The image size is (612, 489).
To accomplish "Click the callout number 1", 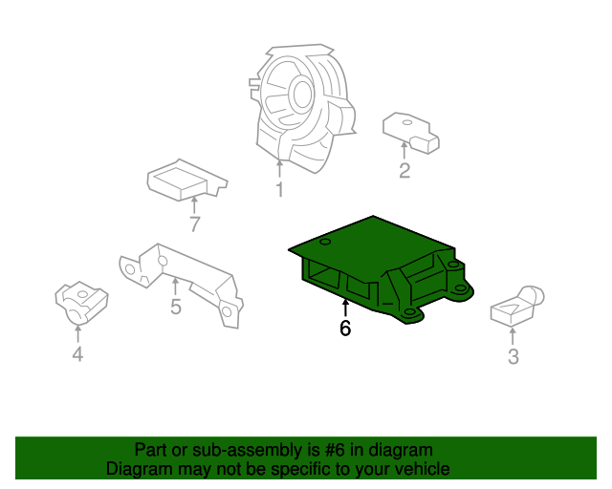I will click(x=279, y=190).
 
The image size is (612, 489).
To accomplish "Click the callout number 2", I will click(x=404, y=171).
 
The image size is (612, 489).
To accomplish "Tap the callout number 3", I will click(x=514, y=358).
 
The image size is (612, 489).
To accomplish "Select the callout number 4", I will click(x=77, y=355).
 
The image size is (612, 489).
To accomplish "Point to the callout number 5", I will click(x=176, y=307).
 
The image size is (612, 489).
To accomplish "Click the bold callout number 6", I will click(x=345, y=329).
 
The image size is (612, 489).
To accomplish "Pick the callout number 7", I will click(x=195, y=224).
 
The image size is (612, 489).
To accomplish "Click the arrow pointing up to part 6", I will click(x=345, y=308).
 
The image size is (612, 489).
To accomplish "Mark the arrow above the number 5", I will click(x=176, y=286).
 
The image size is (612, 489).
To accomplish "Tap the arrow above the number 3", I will click(x=514, y=336).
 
